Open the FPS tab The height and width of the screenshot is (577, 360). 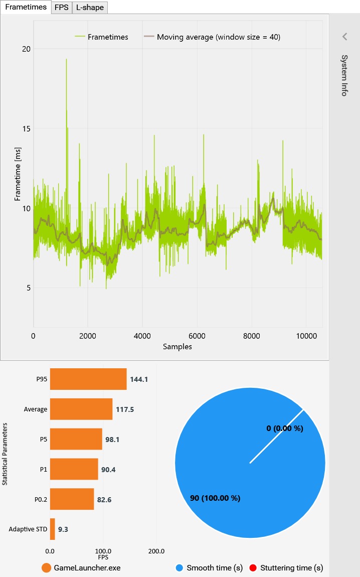(62, 7)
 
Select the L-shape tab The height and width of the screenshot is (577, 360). (90, 7)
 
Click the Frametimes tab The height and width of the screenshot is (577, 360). (26, 7)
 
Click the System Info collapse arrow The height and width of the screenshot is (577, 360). (344, 36)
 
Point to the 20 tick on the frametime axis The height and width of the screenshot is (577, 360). (25, 49)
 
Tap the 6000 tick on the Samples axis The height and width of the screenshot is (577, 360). (197, 336)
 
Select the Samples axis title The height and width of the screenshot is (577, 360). (177, 346)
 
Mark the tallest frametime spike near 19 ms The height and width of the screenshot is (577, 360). (66, 60)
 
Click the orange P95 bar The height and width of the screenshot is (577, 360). (88, 379)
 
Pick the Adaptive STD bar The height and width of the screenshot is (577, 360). (52, 529)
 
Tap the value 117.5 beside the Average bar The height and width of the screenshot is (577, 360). (125, 409)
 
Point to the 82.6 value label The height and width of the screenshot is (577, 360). (104, 499)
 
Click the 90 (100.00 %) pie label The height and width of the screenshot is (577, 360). (215, 498)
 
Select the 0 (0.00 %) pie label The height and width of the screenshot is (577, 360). (285, 428)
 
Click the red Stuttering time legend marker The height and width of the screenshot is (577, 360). (253, 568)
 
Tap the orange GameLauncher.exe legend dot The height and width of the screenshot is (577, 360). (47, 568)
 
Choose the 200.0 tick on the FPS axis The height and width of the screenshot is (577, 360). (156, 551)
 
